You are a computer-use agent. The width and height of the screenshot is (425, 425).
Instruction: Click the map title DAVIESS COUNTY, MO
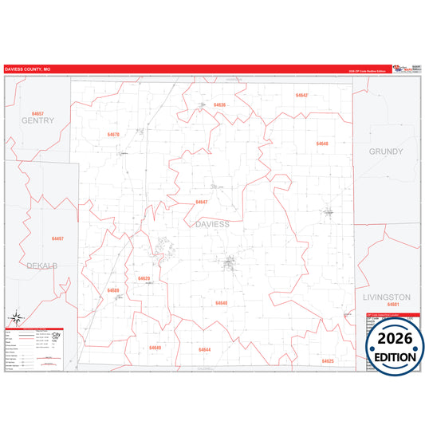(x=28, y=70)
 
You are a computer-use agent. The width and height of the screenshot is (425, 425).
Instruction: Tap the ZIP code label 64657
(x=37, y=114)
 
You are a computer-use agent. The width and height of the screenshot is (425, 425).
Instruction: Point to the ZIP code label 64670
(x=113, y=135)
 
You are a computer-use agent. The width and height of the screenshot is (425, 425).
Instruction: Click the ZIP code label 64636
(x=220, y=105)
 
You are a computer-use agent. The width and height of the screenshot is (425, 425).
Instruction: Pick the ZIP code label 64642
(x=301, y=95)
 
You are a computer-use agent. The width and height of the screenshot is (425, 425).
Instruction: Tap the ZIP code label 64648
(x=322, y=144)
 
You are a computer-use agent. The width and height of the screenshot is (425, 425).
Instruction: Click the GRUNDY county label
(x=385, y=152)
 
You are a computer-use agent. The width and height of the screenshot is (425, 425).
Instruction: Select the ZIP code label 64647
(x=202, y=202)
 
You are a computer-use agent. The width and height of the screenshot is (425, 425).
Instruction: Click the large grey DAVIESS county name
(x=212, y=225)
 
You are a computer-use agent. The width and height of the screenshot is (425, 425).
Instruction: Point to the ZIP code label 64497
(x=57, y=238)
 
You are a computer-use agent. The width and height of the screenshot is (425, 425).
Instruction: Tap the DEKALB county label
(x=41, y=265)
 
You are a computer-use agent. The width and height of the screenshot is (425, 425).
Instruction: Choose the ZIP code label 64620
(x=144, y=278)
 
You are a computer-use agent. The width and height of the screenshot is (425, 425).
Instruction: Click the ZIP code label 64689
(x=113, y=290)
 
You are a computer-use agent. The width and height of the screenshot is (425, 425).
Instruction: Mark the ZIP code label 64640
(x=222, y=303)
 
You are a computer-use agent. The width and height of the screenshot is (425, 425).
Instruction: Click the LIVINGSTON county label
(x=386, y=297)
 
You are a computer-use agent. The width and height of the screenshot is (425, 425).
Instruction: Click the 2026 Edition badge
(x=395, y=347)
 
